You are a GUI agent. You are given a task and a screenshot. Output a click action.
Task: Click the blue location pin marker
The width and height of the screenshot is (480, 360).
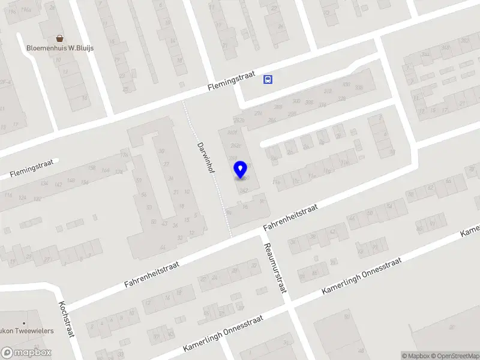click(x=240, y=169)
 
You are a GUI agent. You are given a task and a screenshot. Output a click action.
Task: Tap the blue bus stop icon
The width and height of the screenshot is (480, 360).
click(x=268, y=79)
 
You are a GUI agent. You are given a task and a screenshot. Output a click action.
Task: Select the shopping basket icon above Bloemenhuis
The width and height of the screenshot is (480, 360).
click(x=59, y=38)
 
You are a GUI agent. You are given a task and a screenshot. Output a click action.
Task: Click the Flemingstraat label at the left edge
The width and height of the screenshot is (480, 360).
click(x=31, y=169)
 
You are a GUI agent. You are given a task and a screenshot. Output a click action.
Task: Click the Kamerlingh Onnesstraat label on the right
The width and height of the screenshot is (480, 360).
click(x=361, y=276)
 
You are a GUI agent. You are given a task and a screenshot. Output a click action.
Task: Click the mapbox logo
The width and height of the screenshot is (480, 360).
click(x=26, y=353)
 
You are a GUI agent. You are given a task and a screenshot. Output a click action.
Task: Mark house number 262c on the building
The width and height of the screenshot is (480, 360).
click(x=236, y=146)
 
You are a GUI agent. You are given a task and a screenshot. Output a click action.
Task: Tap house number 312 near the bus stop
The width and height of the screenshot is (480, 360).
click(x=328, y=91)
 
